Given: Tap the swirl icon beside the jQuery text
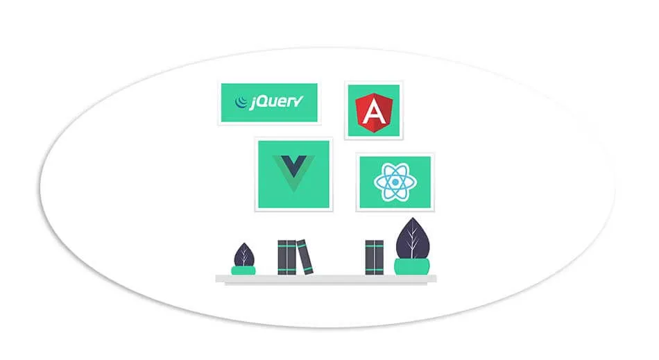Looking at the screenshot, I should (x=241, y=103).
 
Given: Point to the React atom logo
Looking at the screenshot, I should (x=394, y=183).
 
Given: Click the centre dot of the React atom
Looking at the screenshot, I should (x=394, y=183).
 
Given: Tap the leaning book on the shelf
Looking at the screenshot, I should (x=305, y=257).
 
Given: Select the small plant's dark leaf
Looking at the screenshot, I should (x=243, y=255).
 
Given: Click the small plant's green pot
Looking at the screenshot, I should (x=243, y=270).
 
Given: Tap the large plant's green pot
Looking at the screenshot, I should (x=411, y=266).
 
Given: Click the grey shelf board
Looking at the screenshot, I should (x=326, y=278).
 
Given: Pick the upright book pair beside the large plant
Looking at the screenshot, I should (x=374, y=257).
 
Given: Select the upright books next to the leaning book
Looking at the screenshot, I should (x=287, y=257).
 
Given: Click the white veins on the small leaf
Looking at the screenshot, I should (x=243, y=257).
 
